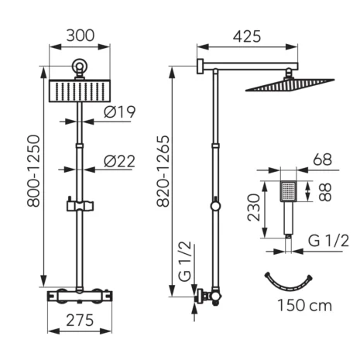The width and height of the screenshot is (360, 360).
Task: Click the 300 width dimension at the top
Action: point(79,36)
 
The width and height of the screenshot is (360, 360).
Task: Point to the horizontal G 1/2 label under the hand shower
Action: point(328,239)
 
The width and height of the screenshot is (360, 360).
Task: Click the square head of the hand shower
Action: point(288,190)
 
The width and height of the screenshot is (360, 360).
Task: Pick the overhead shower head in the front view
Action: point(79,91)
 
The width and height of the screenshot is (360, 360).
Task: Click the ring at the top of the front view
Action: point(79,67)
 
